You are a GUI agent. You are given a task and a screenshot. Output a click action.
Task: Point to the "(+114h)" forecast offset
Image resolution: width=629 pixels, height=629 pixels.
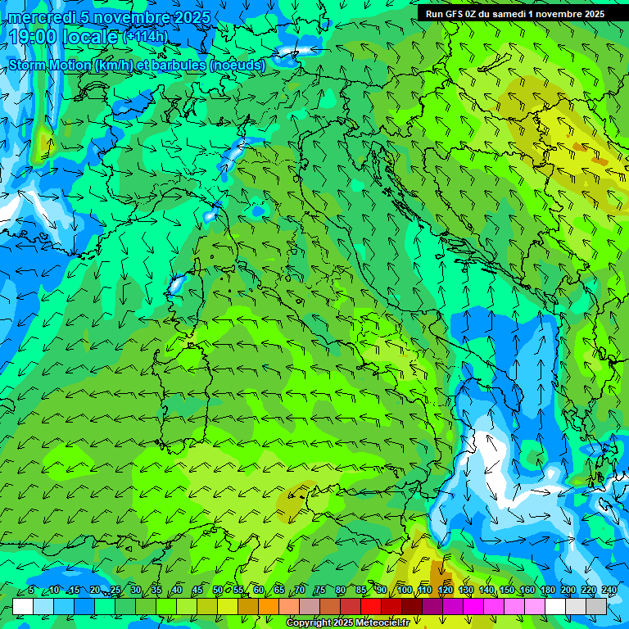click(145, 37)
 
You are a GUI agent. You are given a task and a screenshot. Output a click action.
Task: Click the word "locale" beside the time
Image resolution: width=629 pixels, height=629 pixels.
click(89, 37)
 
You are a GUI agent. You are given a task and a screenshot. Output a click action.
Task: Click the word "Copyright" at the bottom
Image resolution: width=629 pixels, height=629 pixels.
click(309, 623)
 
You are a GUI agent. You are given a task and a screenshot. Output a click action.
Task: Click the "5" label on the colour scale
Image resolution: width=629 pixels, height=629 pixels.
click(31, 590)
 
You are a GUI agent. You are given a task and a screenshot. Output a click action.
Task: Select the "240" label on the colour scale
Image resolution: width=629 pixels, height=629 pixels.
click(609, 590)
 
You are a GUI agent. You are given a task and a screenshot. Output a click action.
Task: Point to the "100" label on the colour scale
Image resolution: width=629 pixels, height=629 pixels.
click(404, 590)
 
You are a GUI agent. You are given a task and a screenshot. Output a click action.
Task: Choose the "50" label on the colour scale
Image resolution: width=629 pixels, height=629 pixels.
click(218, 590)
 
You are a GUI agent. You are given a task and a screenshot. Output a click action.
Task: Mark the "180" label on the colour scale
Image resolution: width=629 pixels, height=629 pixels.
click(548, 590)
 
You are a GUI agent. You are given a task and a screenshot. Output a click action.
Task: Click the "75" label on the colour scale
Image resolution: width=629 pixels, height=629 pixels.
click(320, 590)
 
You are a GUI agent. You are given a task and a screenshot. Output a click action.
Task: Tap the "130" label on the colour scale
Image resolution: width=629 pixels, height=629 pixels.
click(465, 590)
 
